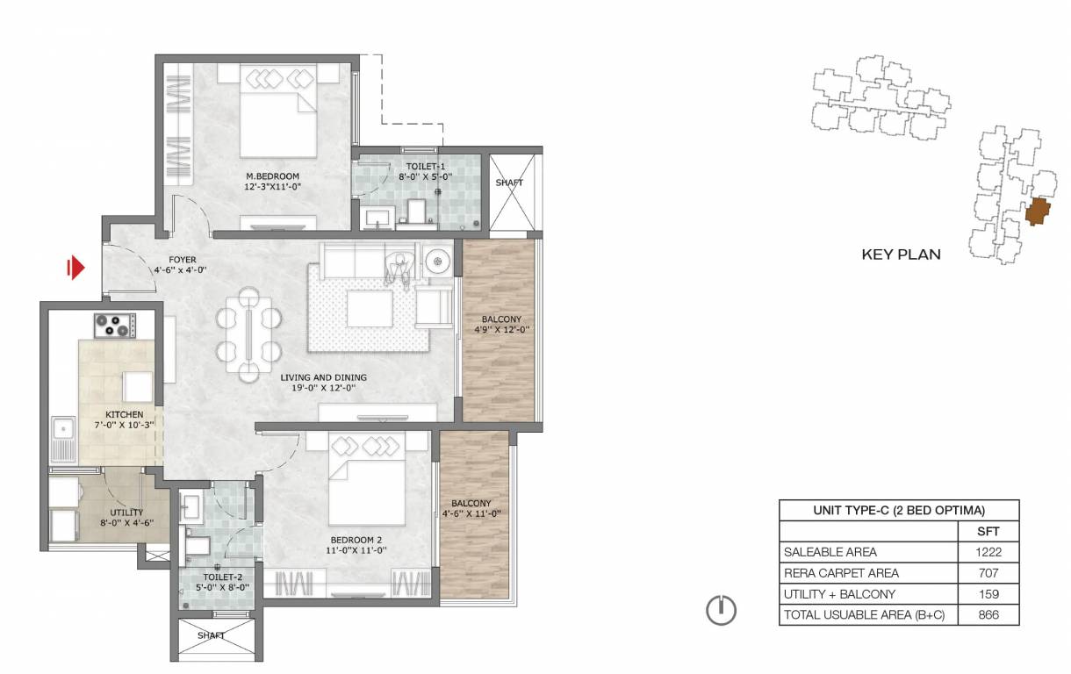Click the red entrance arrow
[75, 268]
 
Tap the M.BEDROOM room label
[272, 176]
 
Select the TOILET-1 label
[426, 167]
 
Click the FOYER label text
[183, 260]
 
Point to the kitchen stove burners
[115, 326]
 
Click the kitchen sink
[63, 439]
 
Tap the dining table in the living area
[248, 334]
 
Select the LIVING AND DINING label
[324, 377]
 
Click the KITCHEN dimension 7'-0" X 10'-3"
[125, 425]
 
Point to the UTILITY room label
[126, 512]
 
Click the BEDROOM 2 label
[356, 540]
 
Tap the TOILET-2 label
[223, 577]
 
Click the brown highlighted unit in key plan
[1038, 212]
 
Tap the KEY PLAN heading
[902, 255]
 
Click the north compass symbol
[721, 611]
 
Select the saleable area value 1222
[988, 552]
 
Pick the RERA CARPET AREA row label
[841, 573]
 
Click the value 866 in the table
[988, 614]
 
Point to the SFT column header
[988, 531]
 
